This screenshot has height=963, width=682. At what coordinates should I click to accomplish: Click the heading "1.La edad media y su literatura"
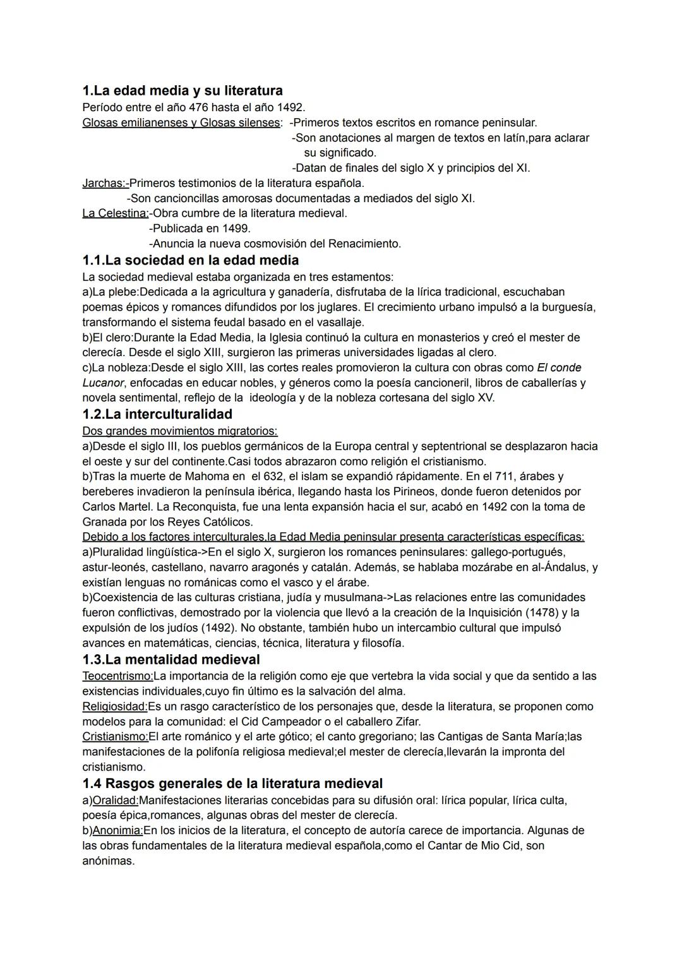click(182, 91)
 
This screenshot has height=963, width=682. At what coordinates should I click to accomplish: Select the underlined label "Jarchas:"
click(105, 183)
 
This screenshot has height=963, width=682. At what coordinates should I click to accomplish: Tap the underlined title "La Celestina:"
click(115, 213)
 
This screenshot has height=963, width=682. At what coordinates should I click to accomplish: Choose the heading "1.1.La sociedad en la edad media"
click(190, 260)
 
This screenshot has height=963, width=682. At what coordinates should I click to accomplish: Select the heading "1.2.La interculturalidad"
click(157, 414)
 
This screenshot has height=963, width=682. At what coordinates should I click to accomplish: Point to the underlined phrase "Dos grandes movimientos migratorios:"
click(180, 431)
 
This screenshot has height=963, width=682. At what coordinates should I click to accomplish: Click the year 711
click(501, 476)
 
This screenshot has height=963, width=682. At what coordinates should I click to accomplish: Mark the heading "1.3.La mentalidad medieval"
click(171, 660)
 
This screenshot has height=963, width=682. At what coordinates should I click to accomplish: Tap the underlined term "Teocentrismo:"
click(117, 676)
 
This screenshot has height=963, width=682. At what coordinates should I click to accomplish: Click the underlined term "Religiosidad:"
click(114, 706)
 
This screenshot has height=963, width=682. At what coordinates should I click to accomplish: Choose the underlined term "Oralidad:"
click(116, 800)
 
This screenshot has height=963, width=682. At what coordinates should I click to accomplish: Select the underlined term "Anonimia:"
click(117, 830)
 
